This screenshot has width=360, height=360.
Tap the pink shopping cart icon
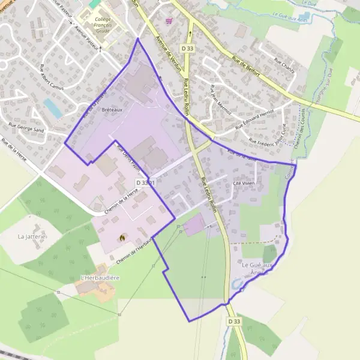[x=169, y=21]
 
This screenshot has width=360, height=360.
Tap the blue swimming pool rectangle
[x=52, y=108]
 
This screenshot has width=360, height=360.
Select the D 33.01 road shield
[x=145, y=182]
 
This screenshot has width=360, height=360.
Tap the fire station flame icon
[x=123, y=238]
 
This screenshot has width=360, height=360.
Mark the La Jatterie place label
[x=32, y=236]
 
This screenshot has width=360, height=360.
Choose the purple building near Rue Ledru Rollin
[x=194, y=226]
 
